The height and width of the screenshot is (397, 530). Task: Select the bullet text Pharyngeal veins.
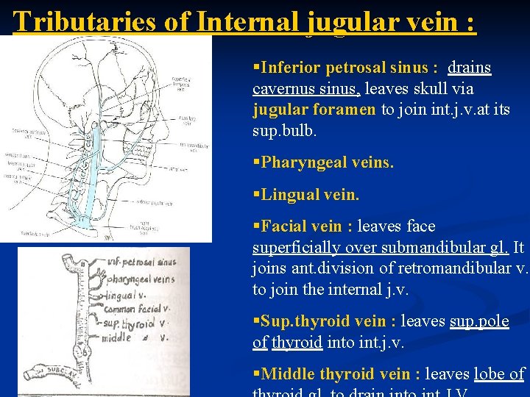pos(323,162)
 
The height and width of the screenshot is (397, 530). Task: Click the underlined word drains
pos(469,68)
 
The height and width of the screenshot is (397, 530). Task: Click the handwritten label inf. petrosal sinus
pos(141,262)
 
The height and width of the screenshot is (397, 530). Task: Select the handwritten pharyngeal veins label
pos(140,279)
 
